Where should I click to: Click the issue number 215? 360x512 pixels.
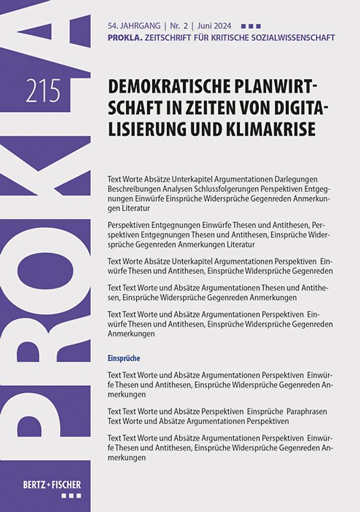point(43,92)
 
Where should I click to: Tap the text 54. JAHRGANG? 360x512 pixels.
point(130,26)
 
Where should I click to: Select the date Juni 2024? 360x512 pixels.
point(213,26)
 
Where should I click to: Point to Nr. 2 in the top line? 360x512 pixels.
point(178,26)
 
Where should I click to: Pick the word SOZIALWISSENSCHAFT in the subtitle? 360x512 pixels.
point(292,38)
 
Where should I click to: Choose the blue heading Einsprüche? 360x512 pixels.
point(124,358)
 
